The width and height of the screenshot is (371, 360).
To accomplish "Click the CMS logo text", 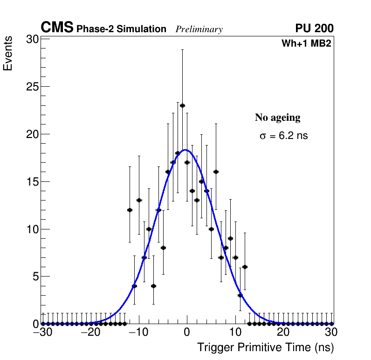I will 57,28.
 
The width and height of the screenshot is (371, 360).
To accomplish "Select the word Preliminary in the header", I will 199,29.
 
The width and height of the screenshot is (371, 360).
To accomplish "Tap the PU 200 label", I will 314,28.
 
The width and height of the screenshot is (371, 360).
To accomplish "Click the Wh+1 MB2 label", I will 306,44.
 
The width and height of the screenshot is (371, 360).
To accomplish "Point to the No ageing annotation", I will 278,118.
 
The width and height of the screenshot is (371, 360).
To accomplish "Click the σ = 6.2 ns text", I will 284,136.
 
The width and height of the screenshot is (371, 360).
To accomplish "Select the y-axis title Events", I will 8,55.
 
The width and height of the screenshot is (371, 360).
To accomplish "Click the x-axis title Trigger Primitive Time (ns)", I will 265,347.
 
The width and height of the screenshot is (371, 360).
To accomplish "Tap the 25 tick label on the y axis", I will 32,87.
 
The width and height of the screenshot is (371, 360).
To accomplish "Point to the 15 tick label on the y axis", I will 32,182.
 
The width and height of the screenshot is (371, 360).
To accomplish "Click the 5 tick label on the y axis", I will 35,277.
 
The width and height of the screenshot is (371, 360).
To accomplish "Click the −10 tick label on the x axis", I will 138,332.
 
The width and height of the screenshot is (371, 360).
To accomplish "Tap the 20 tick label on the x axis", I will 283,332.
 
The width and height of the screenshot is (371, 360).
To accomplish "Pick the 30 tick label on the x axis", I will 331,332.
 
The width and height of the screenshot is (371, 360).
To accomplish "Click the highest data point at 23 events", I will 182,105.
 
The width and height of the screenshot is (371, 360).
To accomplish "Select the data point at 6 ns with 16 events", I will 216,172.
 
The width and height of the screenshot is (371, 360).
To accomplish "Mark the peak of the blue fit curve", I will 185,150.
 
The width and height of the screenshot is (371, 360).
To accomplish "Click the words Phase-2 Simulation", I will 121,29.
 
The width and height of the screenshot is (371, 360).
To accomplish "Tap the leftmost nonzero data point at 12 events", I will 130,210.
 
